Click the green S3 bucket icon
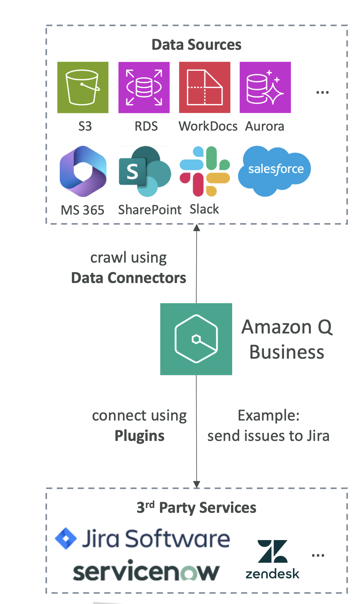pyautogui.click(x=83, y=87)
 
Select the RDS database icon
pyautogui.click(x=144, y=87)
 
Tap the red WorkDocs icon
pyautogui.click(x=205, y=87)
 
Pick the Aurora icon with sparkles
pyautogui.click(x=265, y=87)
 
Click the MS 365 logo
pyautogui.click(x=83, y=171)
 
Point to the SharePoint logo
pyautogui.click(x=145, y=171)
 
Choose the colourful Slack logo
pyautogui.click(x=205, y=171)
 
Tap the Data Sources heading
pyautogui.click(x=196, y=45)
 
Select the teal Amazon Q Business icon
pyautogui.click(x=196, y=339)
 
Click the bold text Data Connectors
pyautogui.click(x=129, y=278)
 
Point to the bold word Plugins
pyautogui.click(x=139, y=436)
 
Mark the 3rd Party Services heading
pyautogui.click(x=196, y=508)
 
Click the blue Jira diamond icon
pyautogui.click(x=66, y=538)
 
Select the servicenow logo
pyautogui.click(x=146, y=571)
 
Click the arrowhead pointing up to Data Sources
pyautogui.click(x=197, y=228)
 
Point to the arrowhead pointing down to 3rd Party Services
pyautogui.click(x=197, y=484)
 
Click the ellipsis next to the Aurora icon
pyautogui.click(x=322, y=93)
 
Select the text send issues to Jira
pyautogui.click(x=268, y=436)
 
